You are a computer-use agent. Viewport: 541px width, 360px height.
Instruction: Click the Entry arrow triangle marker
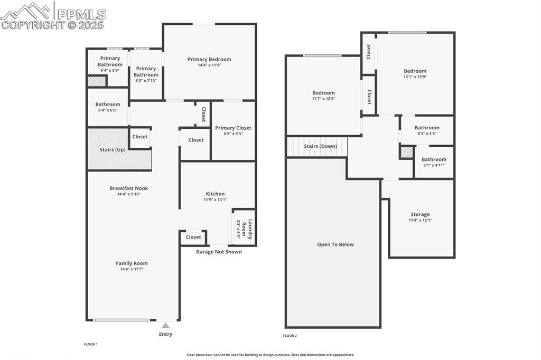coord(166,326)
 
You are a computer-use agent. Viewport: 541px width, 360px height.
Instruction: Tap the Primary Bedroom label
coord(209,59)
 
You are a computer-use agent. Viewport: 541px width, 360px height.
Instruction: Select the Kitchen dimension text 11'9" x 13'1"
coord(215,200)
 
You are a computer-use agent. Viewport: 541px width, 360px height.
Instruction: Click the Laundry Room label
coord(250,230)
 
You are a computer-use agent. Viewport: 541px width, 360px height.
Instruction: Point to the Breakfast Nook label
coord(128,188)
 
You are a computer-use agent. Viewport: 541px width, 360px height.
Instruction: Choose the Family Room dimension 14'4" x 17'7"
coord(132,269)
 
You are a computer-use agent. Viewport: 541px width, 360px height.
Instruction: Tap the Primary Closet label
coord(233,128)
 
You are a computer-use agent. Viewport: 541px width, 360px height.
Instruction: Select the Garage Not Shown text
coord(219,252)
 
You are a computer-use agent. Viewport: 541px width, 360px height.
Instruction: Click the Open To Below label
coord(335,244)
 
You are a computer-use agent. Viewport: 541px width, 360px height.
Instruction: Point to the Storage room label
coord(420,214)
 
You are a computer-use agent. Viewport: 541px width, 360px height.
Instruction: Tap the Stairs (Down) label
coord(320,146)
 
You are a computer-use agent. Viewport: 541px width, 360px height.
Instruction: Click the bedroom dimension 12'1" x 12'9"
coord(415,77)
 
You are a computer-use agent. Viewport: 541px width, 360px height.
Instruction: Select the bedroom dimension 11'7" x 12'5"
coord(323,99)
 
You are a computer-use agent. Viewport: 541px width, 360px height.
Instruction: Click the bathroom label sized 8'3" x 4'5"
coord(427,128)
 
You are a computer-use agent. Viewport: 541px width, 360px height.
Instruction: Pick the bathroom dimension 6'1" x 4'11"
coord(434,165)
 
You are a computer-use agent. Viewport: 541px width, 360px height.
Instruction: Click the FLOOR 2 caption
coord(290,336)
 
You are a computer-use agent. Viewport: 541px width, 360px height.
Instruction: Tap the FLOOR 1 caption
coord(91,344)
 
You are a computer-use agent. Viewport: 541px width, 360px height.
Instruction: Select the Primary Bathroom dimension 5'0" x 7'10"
coord(146,81)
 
